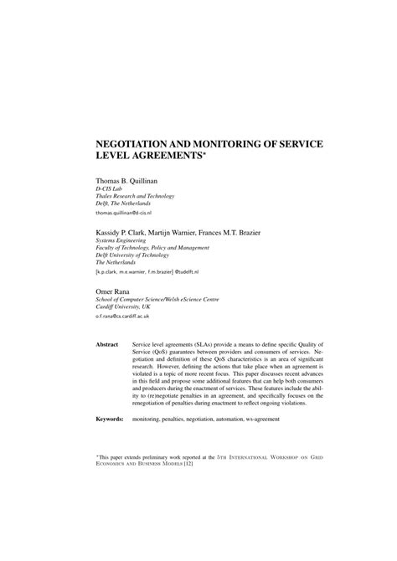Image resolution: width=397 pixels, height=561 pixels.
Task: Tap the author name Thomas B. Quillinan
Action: [x=133, y=179]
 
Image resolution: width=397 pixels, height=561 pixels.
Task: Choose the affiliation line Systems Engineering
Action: [x=125, y=239]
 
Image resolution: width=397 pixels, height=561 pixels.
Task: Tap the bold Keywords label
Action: [x=111, y=417]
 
